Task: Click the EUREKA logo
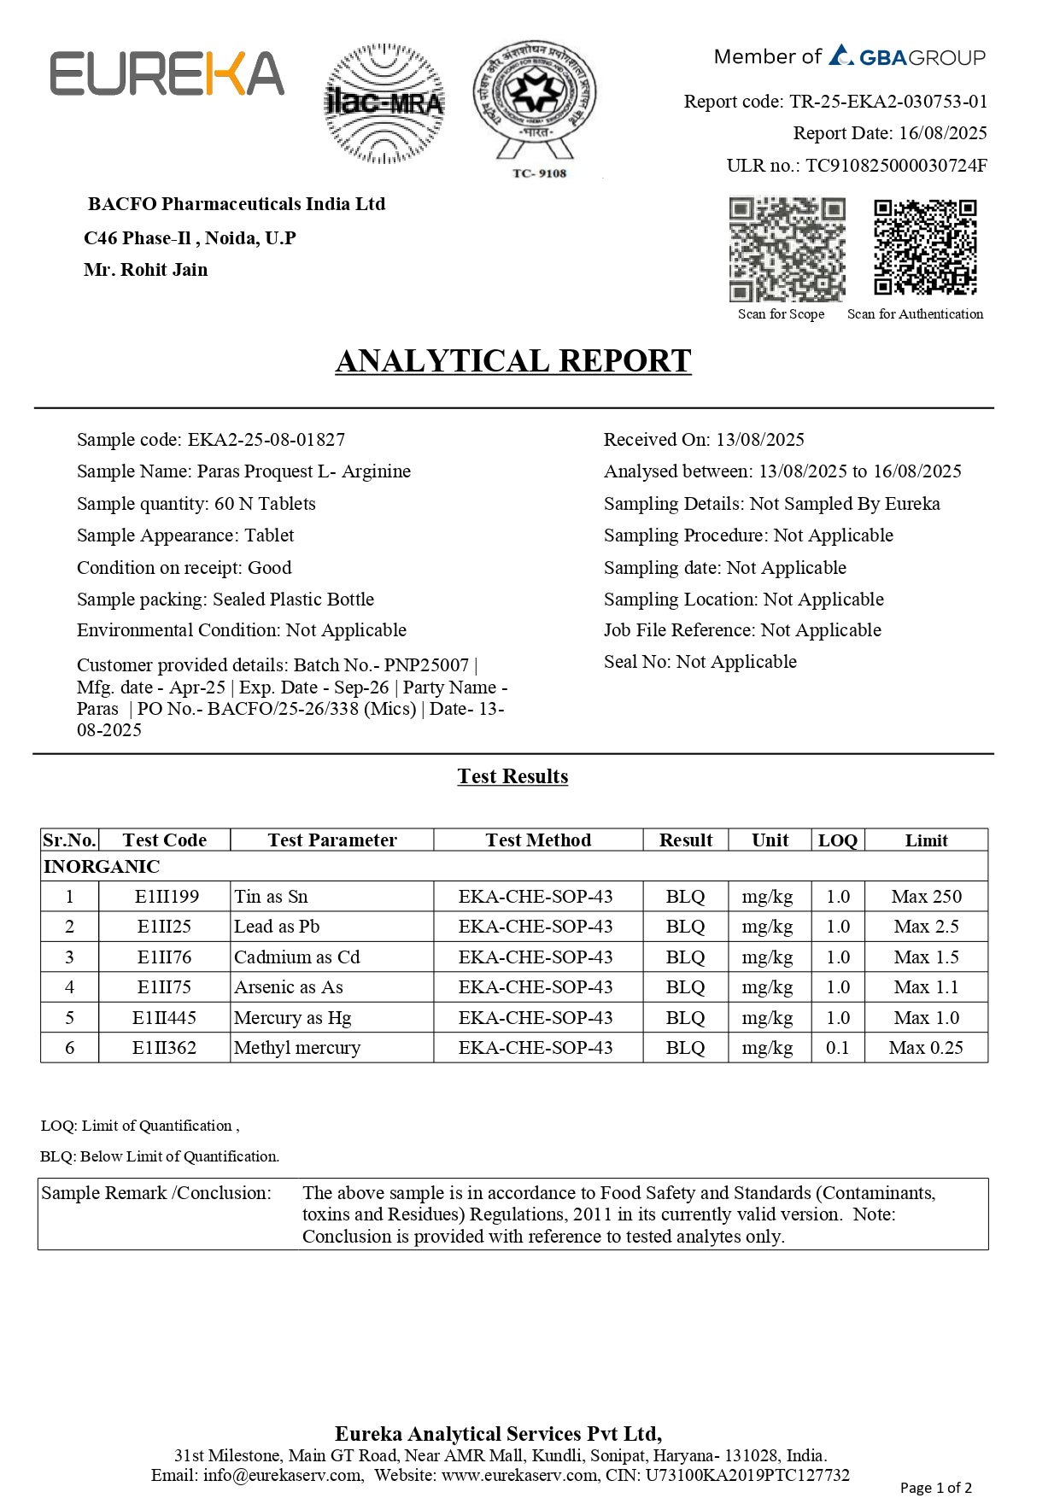[167, 73]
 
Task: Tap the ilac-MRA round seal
[384, 103]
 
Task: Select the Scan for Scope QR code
[787, 249]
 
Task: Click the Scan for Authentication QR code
[925, 248]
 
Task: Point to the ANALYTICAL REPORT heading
[512, 361]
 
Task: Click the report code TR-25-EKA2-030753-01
[888, 102]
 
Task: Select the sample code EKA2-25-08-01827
[266, 440]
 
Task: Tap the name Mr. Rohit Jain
[146, 270]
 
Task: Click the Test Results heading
[512, 776]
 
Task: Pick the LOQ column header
[837, 840]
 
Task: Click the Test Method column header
[538, 840]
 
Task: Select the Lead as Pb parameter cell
[277, 927]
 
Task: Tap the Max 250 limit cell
[926, 897]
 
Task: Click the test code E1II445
[164, 1018]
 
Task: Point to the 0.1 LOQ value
[837, 1048]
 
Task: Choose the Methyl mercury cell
[297, 1048]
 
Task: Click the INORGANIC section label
[102, 867]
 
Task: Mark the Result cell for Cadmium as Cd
[685, 957]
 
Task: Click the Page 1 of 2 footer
[935, 1488]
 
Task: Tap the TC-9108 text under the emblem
[539, 173]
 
